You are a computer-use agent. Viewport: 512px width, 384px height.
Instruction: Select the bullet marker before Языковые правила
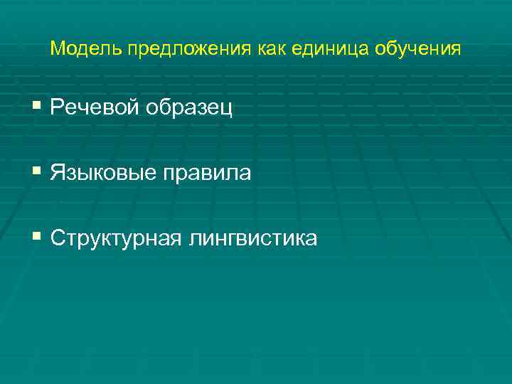[x=37, y=172]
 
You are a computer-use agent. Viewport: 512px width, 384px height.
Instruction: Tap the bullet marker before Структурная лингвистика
[x=37, y=238]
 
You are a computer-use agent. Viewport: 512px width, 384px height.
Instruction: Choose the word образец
[x=189, y=109]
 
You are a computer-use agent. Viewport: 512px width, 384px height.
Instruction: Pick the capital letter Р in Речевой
[x=57, y=108]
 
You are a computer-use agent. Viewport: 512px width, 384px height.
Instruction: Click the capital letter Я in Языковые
[x=57, y=174]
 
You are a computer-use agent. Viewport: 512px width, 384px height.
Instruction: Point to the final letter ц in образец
[x=228, y=110]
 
